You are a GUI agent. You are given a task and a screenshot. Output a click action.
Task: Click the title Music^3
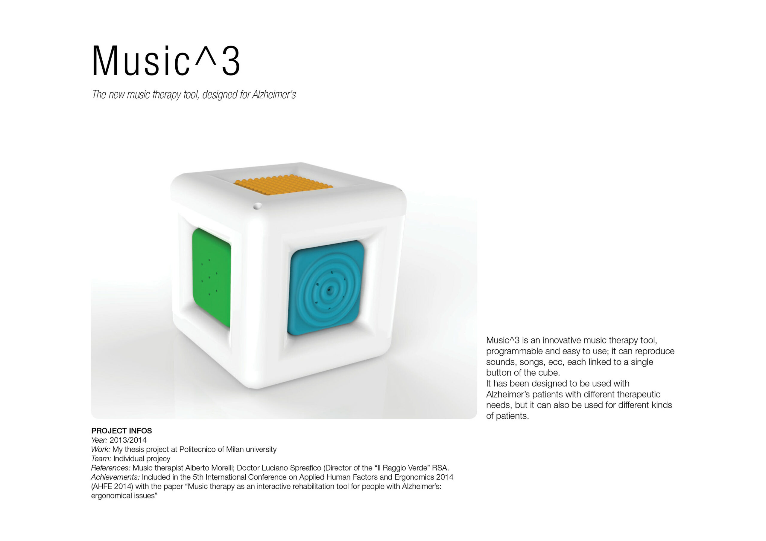tap(166, 61)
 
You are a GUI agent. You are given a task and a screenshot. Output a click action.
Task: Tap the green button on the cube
tap(212, 277)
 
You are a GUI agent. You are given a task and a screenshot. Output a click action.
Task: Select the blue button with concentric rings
tap(326, 288)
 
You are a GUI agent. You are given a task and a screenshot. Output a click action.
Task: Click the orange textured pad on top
tap(283, 185)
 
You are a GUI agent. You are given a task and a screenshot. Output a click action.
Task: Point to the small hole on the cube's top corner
tap(256, 207)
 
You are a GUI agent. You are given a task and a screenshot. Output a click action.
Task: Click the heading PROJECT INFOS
tap(121, 431)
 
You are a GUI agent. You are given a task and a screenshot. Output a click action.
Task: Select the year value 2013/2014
tap(128, 440)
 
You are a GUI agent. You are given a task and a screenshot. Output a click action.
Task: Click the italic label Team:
tap(101, 459)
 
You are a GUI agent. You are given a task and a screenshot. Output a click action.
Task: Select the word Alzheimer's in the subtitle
tap(274, 95)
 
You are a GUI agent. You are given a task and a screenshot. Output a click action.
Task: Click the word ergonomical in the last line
tap(110, 496)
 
